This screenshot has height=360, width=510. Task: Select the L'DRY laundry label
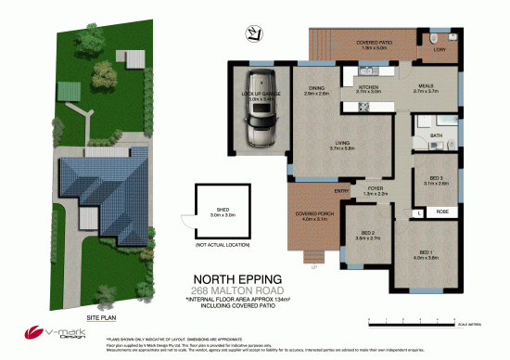(440, 49)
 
